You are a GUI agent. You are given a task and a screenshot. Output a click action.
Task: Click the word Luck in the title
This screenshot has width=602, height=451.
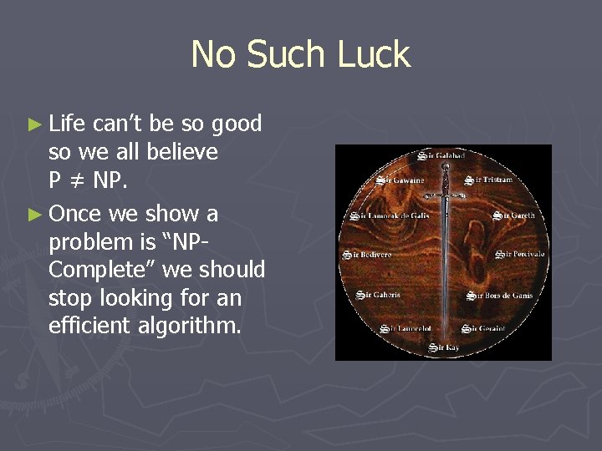(x=374, y=55)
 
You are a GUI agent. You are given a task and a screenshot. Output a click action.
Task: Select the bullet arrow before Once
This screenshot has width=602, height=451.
(x=34, y=215)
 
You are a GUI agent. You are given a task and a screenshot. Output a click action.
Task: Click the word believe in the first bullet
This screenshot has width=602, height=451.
(x=182, y=153)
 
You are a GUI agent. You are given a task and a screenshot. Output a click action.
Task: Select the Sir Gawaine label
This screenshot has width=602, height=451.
(x=400, y=180)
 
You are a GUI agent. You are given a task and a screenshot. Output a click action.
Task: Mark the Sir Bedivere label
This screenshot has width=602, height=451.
(x=367, y=254)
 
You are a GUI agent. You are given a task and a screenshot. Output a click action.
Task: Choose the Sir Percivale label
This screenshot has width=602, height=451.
(x=520, y=254)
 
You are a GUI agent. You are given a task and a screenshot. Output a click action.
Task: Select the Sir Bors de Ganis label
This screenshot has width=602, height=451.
(x=499, y=295)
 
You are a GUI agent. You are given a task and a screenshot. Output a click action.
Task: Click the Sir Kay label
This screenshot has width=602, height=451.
(x=444, y=347)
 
